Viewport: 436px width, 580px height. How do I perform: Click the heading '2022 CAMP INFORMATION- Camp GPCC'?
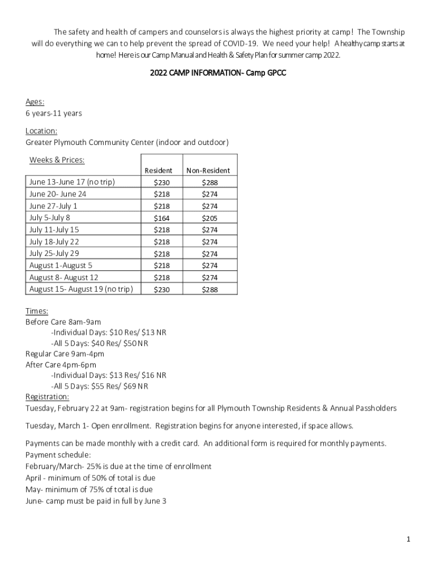click(218, 74)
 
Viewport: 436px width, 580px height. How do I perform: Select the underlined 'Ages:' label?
click(35, 102)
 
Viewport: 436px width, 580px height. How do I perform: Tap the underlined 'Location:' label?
click(41, 131)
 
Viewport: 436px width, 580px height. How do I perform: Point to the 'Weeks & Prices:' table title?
click(57, 160)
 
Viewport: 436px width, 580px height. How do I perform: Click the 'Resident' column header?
click(159, 170)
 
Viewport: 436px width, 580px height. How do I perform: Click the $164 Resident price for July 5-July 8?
click(161, 218)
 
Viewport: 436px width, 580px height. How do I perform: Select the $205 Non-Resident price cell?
click(210, 218)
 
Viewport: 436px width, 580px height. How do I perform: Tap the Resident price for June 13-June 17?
click(161, 182)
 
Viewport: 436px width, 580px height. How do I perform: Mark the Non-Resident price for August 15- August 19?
click(210, 289)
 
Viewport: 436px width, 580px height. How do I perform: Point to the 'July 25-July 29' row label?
click(54, 253)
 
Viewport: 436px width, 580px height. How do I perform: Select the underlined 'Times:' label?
click(37, 311)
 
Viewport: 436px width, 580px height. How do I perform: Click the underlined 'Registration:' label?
click(48, 396)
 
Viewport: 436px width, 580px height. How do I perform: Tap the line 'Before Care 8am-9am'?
click(63, 322)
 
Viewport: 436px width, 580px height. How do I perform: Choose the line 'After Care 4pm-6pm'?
click(61, 365)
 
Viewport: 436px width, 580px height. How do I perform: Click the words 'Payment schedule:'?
click(58, 455)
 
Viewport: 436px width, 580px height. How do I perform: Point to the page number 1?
click(408, 539)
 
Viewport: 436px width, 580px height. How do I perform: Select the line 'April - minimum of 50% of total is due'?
click(91, 478)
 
